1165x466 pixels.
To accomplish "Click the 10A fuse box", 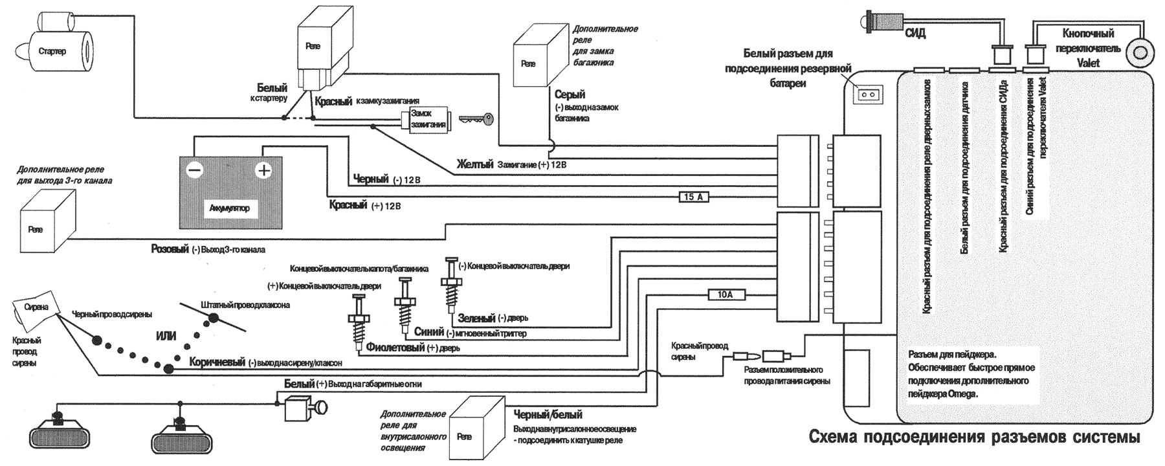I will click(725, 295).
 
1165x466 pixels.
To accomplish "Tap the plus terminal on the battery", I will click(263, 171).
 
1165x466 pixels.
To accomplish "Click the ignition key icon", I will click(477, 119).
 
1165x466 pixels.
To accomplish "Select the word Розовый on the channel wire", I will click(170, 249).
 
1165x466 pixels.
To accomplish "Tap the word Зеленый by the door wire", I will click(476, 318).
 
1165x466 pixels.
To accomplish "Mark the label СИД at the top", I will click(915, 33).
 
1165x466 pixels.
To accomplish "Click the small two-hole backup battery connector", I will click(868, 94).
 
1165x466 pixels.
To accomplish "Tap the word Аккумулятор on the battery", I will click(230, 208).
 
